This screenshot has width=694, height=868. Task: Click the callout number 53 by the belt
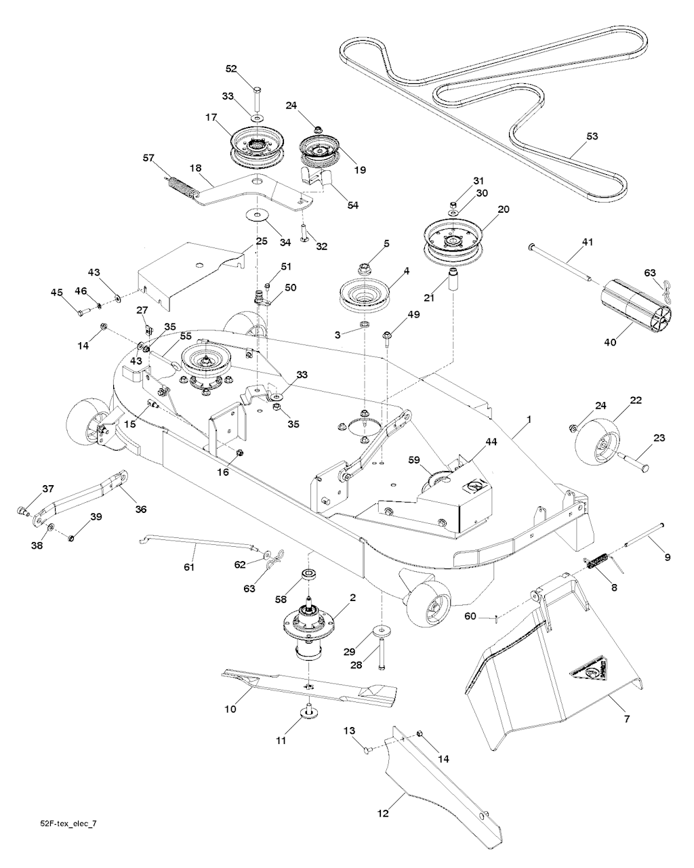click(592, 136)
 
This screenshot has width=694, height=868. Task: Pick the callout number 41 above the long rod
click(587, 242)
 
